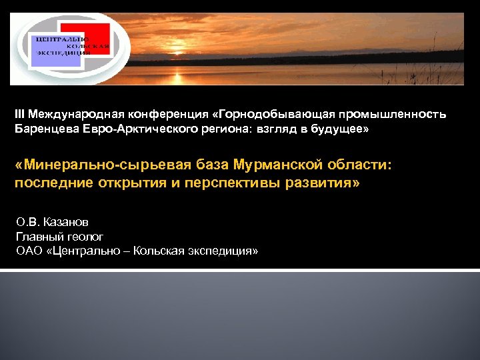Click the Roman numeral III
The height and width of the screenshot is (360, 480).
tap(19, 114)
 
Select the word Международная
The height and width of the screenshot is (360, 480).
tap(70, 114)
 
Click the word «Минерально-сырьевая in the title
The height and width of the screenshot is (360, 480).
tap(103, 164)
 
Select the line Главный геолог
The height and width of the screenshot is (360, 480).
tap(59, 236)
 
